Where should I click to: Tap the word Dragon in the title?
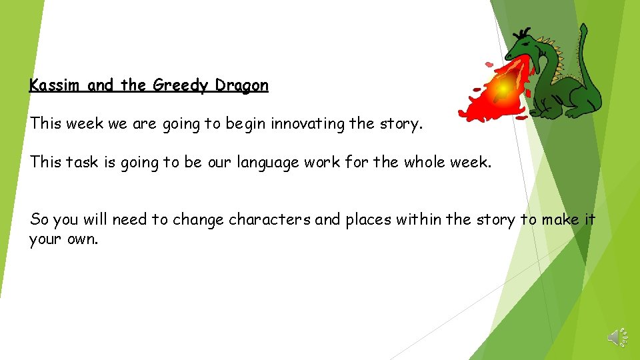point(242,85)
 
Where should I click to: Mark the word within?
point(427,219)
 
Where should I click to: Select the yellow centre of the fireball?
point(503,87)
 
